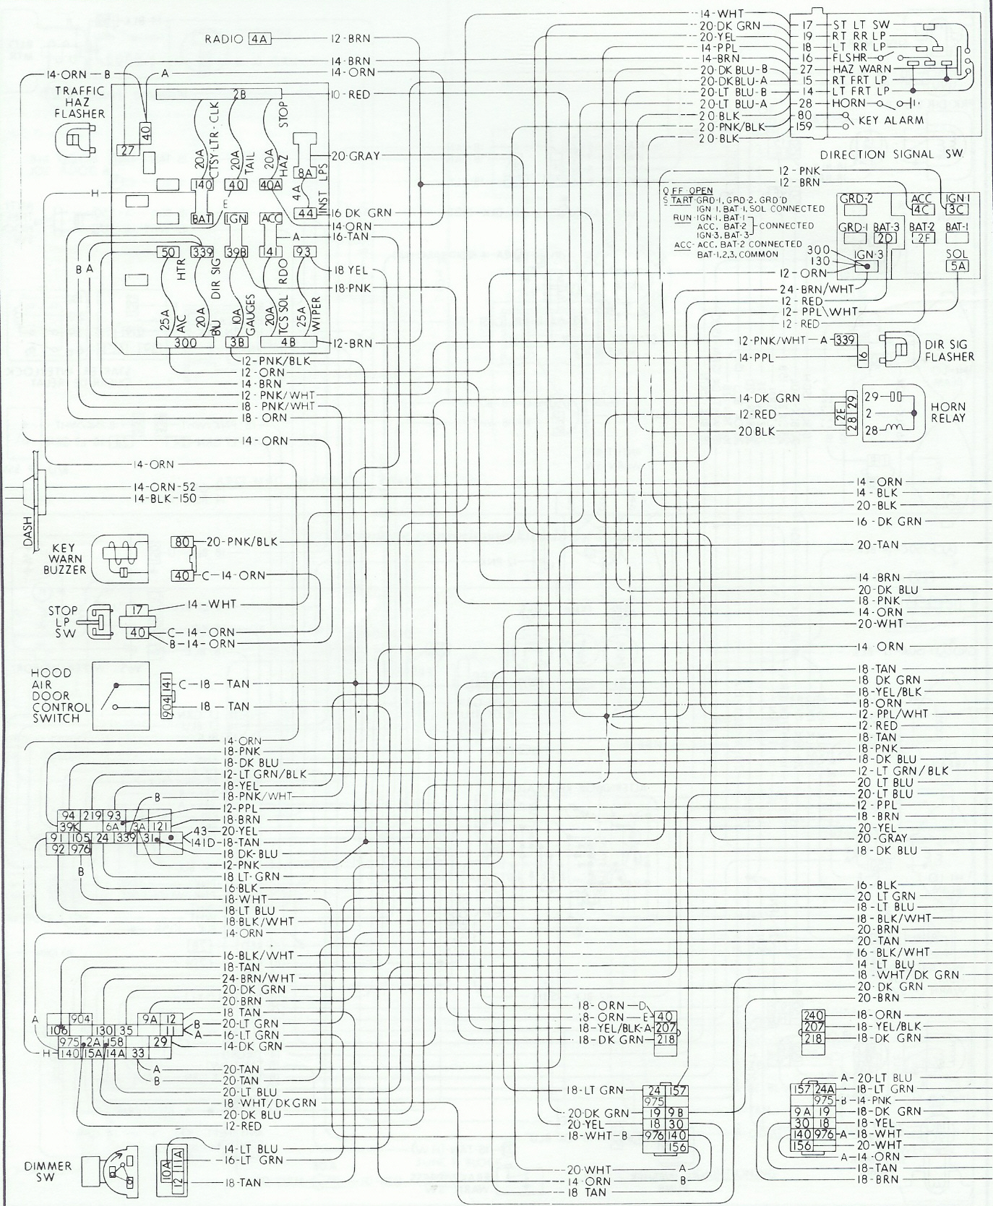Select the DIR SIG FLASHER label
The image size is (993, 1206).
[948, 350]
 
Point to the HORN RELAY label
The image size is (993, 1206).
[948, 412]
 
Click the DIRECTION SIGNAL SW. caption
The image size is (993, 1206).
[898, 154]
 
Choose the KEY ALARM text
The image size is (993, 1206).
[892, 120]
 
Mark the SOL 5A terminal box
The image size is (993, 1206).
[957, 265]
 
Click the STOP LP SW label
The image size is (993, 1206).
[63, 621]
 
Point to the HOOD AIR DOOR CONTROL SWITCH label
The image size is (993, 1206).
[61, 695]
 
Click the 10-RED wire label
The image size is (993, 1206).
[351, 95]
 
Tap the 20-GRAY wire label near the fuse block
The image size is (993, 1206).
[356, 155]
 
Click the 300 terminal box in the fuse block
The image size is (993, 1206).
[186, 343]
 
